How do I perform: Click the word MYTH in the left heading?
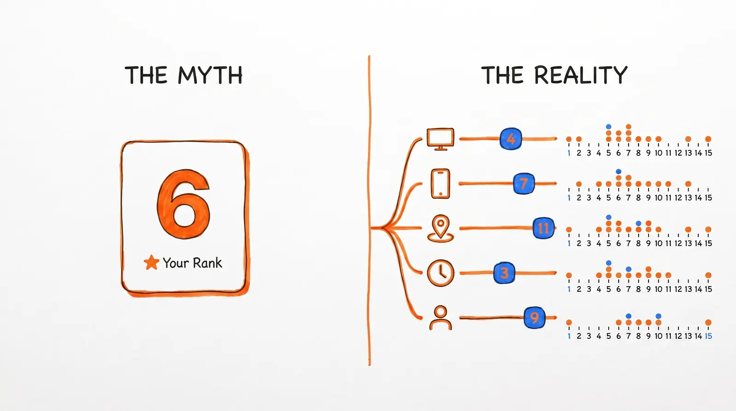tap(210, 75)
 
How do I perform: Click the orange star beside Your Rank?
tap(151, 262)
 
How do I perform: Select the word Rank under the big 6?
tap(207, 263)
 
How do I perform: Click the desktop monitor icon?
tap(440, 139)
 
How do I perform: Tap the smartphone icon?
tap(440, 183)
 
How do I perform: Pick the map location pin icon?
tap(440, 228)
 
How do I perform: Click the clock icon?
tap(440, 273)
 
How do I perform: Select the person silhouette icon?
tap(440, 318)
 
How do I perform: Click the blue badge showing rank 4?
tap(511, 139)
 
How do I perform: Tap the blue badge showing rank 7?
tap(523, 183)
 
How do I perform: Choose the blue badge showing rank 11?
tap(543, 228)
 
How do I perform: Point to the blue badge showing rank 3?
tap(504, 273)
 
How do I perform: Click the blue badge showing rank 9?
tap(535, 318)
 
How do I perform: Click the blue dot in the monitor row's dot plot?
tap(609, 127)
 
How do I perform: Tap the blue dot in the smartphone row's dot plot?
tap(619, 172)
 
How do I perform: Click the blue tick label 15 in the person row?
tap(708, 336)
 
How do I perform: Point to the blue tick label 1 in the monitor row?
tap(569, 153)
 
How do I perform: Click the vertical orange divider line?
tap(369, 207)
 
